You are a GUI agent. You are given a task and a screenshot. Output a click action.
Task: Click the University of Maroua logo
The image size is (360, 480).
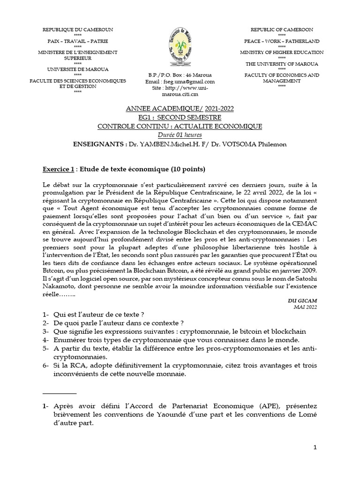[180, 47]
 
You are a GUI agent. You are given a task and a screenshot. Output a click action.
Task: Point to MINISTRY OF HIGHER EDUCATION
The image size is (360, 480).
[282, 52]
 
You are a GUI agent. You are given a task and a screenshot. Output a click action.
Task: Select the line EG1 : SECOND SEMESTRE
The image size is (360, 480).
[180, 117]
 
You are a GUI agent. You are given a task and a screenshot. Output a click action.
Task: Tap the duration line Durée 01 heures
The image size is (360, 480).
[180, 135]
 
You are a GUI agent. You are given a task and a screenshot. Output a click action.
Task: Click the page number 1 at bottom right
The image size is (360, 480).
[316, 448]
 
